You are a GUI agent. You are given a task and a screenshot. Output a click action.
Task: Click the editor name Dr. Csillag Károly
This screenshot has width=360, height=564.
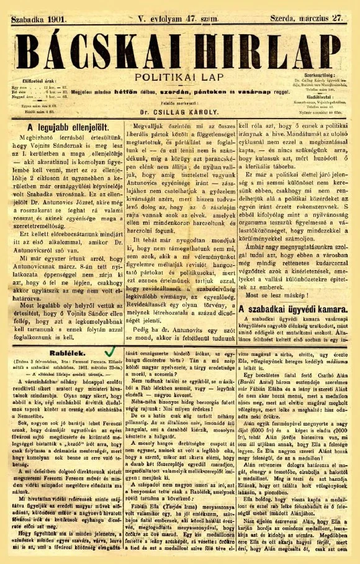tap(171, 98)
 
